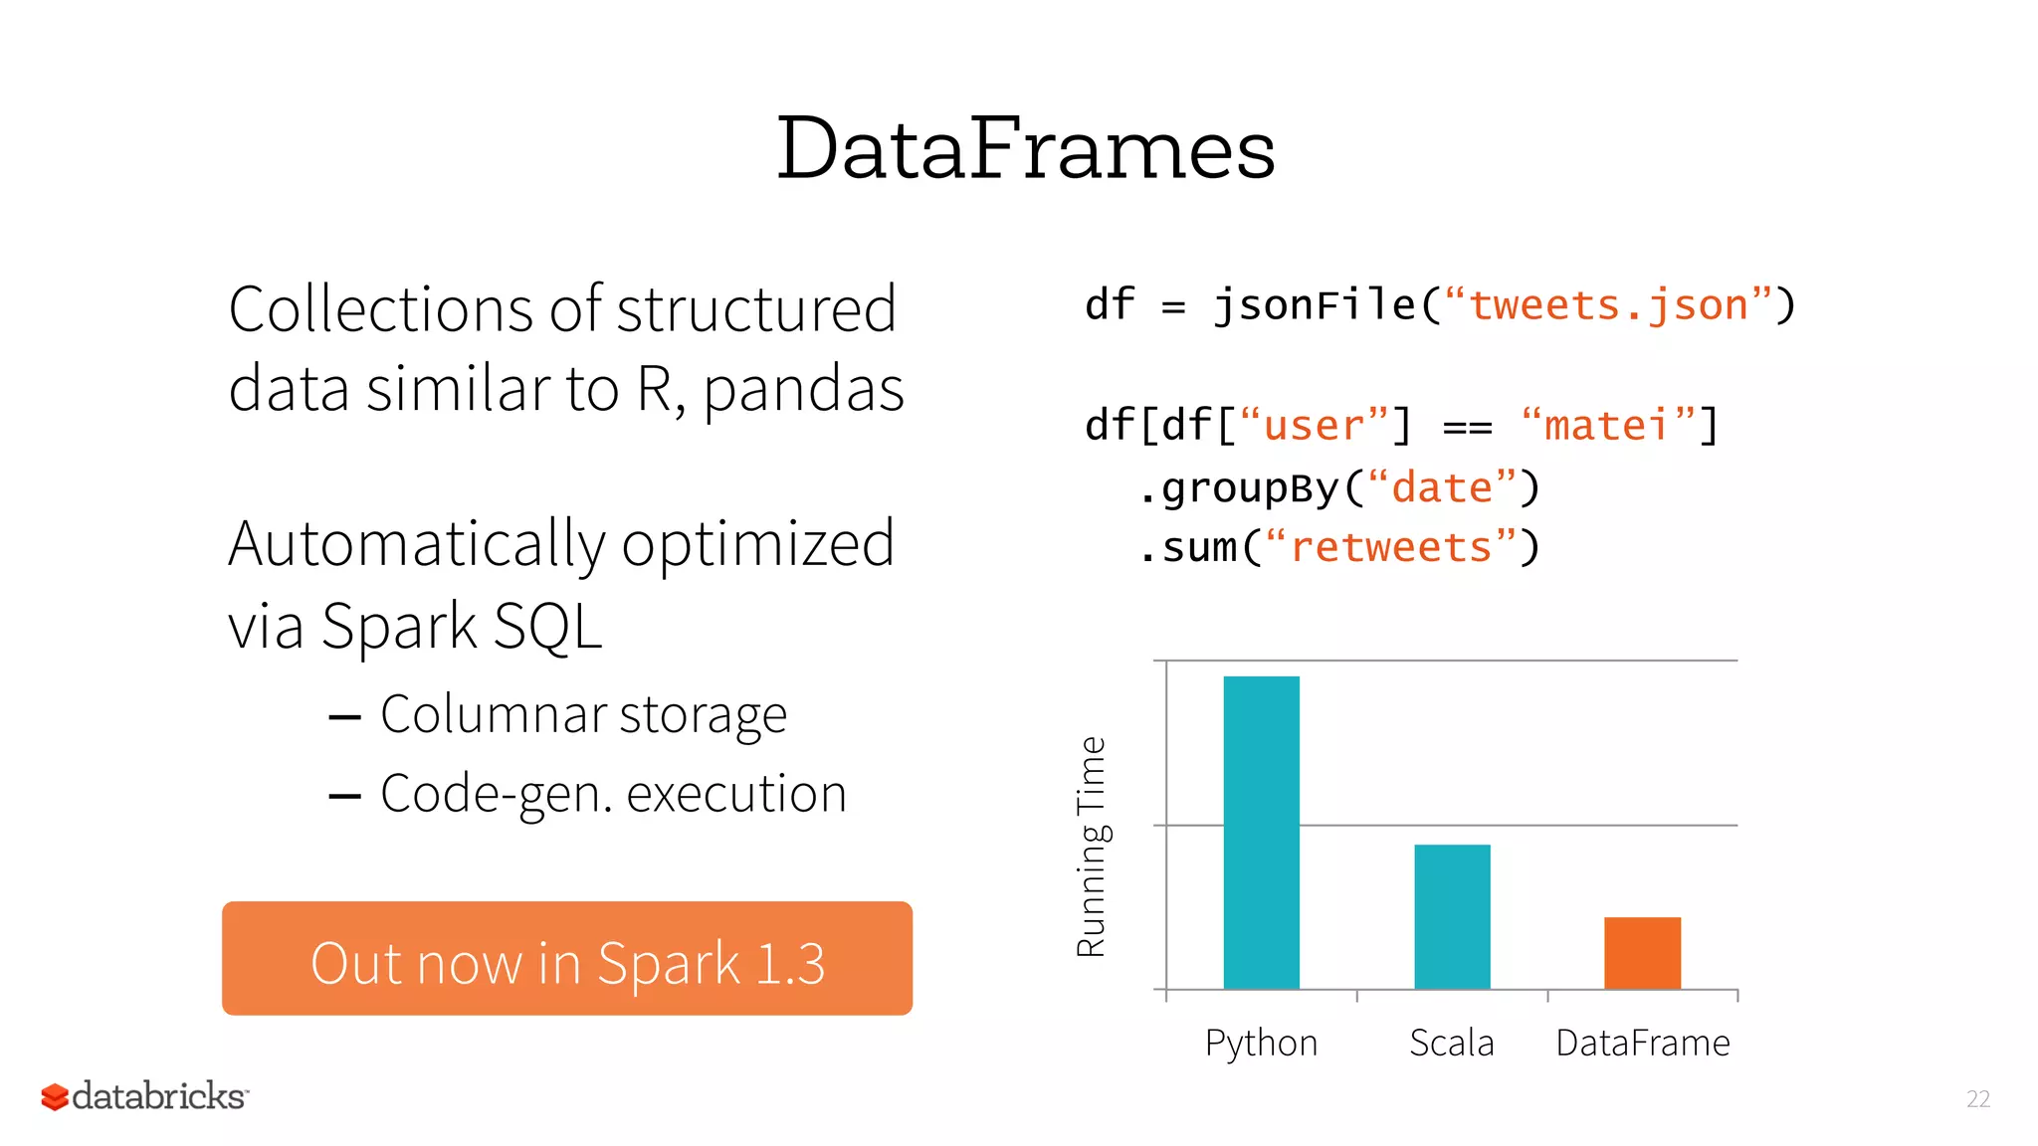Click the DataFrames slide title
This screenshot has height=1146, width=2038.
point(1025,149)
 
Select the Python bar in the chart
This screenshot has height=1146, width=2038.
point(1261,832)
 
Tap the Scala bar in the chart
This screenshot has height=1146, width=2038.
point(1452,916)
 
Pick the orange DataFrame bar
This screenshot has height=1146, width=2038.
point(1642,953)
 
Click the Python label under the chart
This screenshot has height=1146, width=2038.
point(1261,1044)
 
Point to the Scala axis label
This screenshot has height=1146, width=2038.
point(1452,1043)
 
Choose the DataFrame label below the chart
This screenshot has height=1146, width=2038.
point(1643,1043)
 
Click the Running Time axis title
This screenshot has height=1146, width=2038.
point(1092,847)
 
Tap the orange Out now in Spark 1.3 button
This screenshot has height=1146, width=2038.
point(567,959)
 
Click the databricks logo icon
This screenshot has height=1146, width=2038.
point(55,1097)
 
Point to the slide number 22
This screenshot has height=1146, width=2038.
point(1978,1099)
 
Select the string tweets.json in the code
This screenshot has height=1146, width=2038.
point(1608,305)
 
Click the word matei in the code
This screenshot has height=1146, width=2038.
point(1606,426)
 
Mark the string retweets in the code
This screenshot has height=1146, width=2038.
point(1391,548)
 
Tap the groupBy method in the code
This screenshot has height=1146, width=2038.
point(1250,488)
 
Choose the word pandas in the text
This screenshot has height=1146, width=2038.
point(804,389)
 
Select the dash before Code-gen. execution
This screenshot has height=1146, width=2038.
point(344,796)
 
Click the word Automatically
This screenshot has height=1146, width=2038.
point(417,545)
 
